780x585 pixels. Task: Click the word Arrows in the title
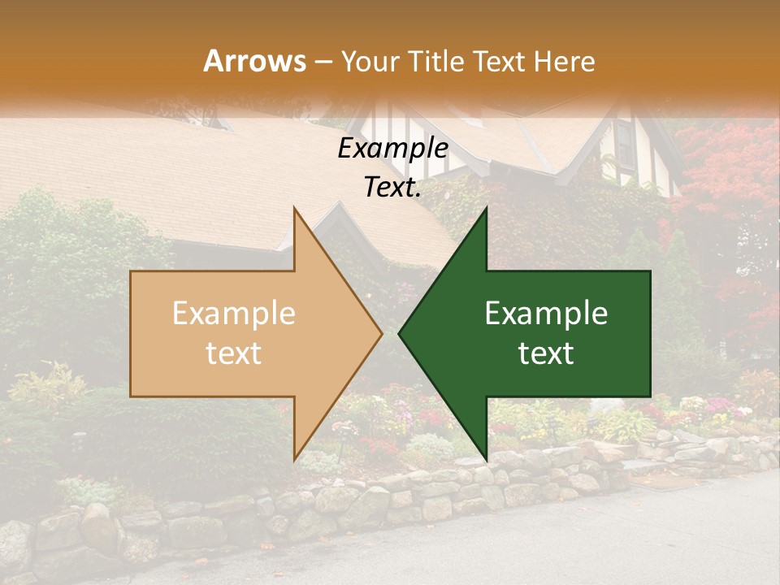click(254, 61)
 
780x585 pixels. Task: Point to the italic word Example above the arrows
click(392, 149)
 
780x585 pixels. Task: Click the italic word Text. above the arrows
click(392, 188)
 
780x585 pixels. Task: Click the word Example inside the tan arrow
click(233, 314)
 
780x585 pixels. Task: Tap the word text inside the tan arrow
click(233, 353)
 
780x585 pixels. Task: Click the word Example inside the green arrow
click(546, 314)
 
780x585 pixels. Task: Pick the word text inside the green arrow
click(546, 353)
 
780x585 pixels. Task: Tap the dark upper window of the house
click(624, 145)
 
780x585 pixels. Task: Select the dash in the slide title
click(323, 62)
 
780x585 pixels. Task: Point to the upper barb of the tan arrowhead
click(296, 213)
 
